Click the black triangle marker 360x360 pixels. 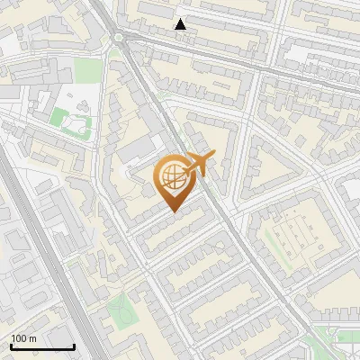pos(181,24)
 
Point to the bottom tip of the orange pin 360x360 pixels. pos(173,211)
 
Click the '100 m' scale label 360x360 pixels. pos(23,338)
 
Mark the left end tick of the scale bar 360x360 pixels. pos(10,346)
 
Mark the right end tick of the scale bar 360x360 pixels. pos(75,346)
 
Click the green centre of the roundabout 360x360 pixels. pos(119,37)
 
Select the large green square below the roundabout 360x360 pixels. pos(86,69)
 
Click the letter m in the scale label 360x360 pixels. pos(32,338)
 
